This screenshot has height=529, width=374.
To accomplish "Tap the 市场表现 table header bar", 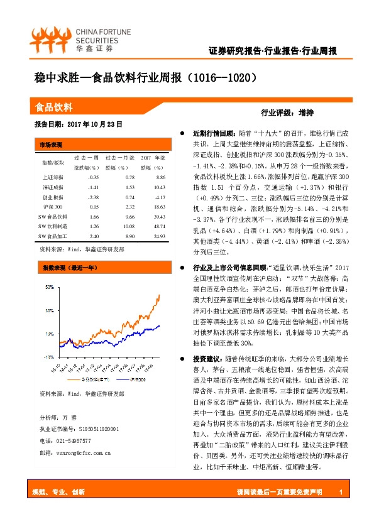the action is pyautogui.click(x=51, y=144).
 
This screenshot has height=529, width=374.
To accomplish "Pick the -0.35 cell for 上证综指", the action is pyautogui.click(x=94, y=178).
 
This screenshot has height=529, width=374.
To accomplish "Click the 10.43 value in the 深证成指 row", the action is pyautogui.click(x=159, y=187).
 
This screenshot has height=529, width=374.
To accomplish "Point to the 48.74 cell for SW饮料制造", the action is pyautogui.click(x=158, y=226).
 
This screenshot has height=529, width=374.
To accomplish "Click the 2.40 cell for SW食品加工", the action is pyautogui.click(x=94, y=236).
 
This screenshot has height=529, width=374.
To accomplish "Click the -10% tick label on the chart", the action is pyautogui.click(x=48, y=356).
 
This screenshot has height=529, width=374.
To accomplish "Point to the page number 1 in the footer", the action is pyautogui.click(x=339, y=491).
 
